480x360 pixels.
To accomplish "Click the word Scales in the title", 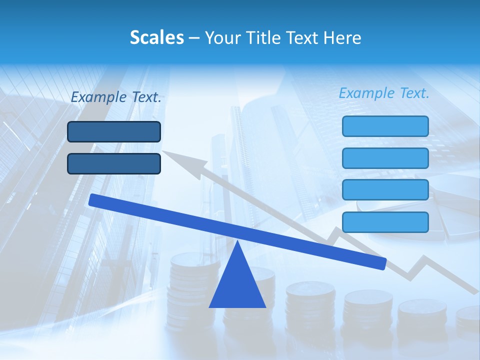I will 156,37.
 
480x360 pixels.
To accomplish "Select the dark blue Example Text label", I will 116,97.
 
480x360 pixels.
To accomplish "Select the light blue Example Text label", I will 384,93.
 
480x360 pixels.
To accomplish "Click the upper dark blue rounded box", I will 114,132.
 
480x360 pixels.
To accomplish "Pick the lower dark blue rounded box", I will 114,163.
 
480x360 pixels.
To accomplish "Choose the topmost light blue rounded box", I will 385,126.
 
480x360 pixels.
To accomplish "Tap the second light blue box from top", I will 385,158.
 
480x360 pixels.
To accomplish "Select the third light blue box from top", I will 385,190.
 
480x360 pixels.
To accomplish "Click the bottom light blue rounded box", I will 385,222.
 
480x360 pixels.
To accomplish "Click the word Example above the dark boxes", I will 99,97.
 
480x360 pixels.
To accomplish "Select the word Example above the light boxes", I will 367,93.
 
